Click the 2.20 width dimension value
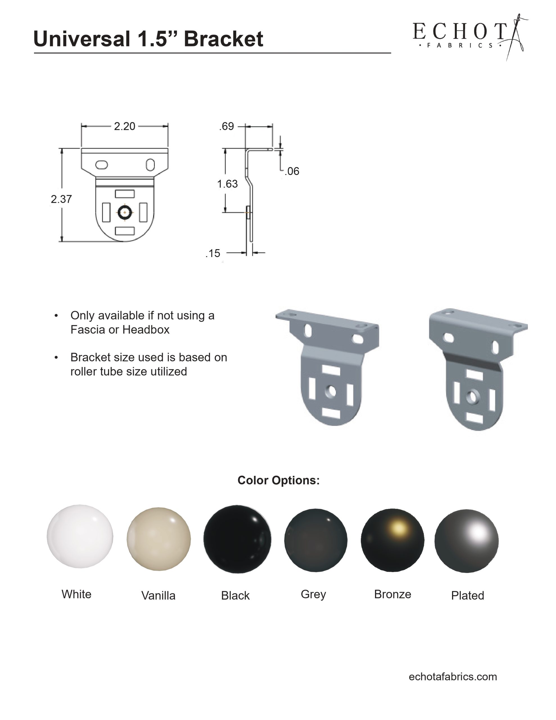point(124,126)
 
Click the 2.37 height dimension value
point(61,199)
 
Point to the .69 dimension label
point(227,126)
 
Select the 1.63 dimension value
point(227,184)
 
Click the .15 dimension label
point(213,253)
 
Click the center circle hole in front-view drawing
point(125,213)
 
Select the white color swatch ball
point(80,536)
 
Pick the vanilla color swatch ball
point(159,539)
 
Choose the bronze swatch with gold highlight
point(392,540)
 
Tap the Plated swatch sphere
point(466,541)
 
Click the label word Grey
point(313,594)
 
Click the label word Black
point(235,595)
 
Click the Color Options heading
point(279,480)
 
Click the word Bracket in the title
point(223,39)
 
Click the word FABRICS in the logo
point(459,46)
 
